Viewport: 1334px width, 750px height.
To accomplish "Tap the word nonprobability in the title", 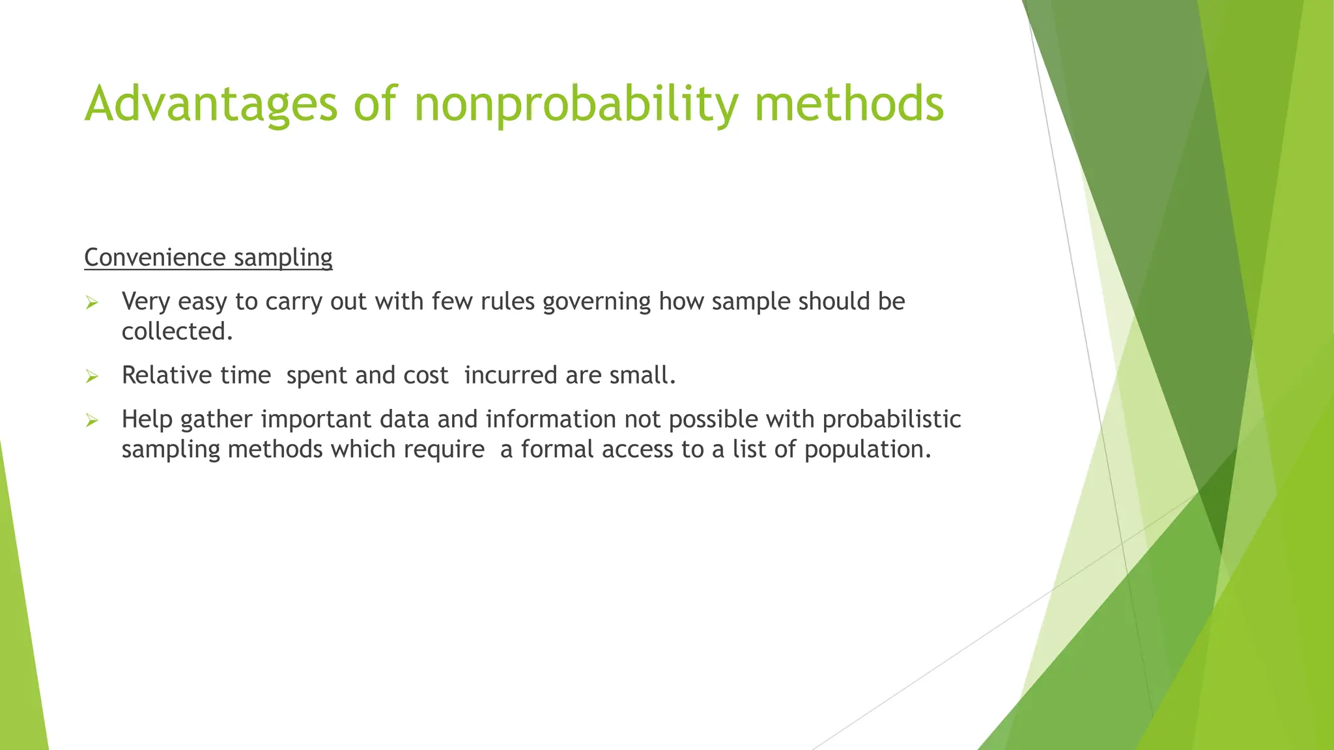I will [x=576, y=104].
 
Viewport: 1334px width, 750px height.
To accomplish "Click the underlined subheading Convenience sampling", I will [x=208, y=258].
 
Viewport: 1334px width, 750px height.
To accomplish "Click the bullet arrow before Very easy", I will [x=92, y=303].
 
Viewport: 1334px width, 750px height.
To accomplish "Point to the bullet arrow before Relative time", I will [x=92, y=376].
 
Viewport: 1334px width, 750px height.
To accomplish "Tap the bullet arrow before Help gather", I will [x=92, y=421].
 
